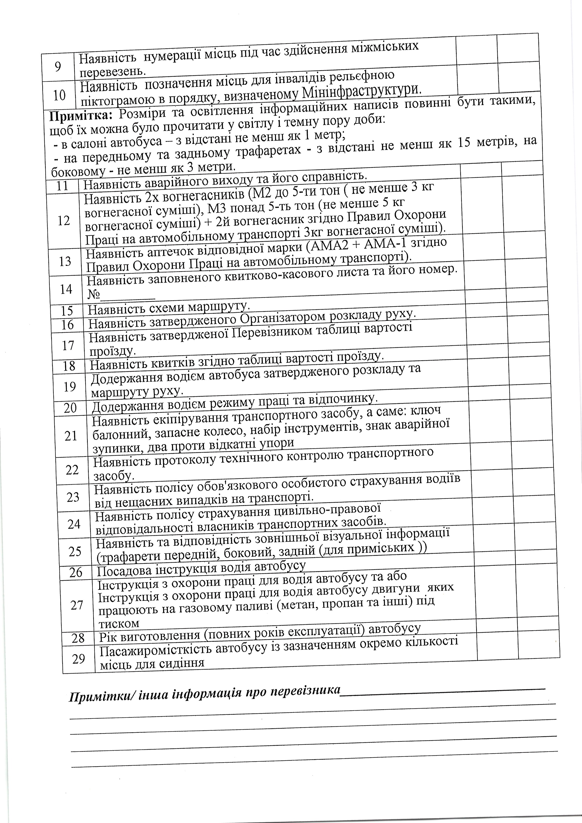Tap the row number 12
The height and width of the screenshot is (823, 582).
coord(64,221)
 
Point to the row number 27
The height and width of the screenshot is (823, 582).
coord(77,605)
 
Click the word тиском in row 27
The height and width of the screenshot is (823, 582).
coord(119,623)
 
